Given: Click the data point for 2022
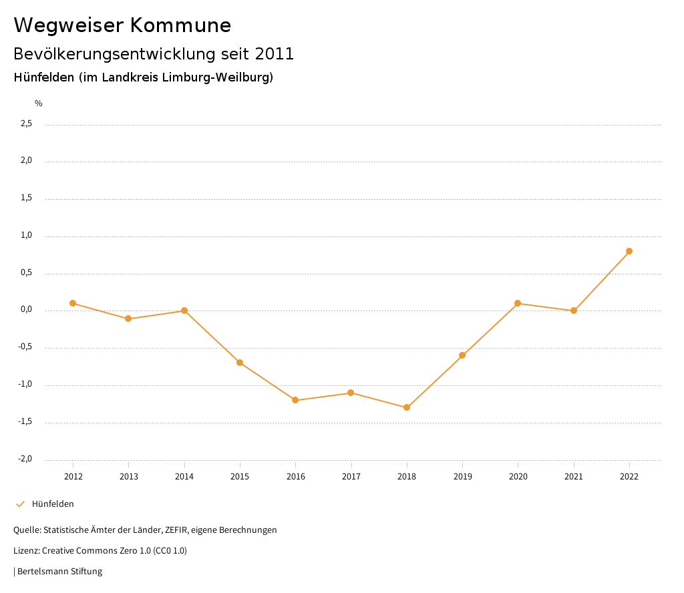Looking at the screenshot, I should pyautogui.click(x=629, y=251).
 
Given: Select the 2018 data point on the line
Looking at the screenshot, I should pyautogui.click(x=407, y=407).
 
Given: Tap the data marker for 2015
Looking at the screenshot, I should pyautogui.click(x=240, y=363).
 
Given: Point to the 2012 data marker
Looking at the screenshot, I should pyautogui.click(x=73, y=303).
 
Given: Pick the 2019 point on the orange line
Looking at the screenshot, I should pyautogui.click(x=462, y=355).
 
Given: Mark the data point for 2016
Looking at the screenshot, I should pyautogui.click(x=295, y=400).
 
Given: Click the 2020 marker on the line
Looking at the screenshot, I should pyautogui.click(x=518, y=303).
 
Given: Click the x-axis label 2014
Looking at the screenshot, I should pyautogui.click(x=184, y=477).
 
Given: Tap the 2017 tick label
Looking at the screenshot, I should pyautogui.click(x=351, y=477).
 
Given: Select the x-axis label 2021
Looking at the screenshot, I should pyautogui.click(x=574, y=477).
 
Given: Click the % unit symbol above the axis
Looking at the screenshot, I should pyautogui.click(x=39, y=104).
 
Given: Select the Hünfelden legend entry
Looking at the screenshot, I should pyautogui.click(x=53, y=504).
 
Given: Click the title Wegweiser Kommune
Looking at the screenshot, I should pyautogui.click(x=122, y=25).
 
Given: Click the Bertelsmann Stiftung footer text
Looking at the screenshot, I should pyautogui.click(x=59, y=572).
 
